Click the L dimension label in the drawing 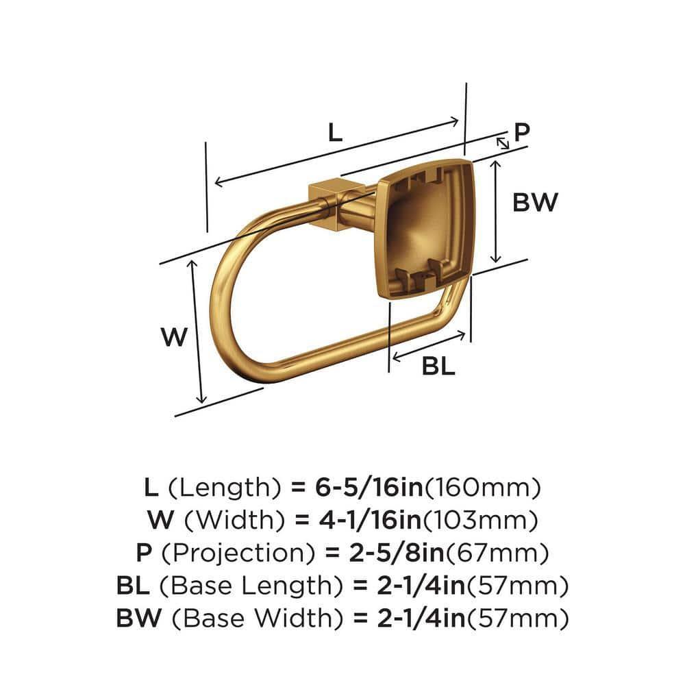click(334, 132)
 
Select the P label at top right click(523, 132)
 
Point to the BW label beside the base click(536, 202)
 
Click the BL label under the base click(438, 367)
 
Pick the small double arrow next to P click(502, 142)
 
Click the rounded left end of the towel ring click(218, 301)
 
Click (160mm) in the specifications click(484, 488)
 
